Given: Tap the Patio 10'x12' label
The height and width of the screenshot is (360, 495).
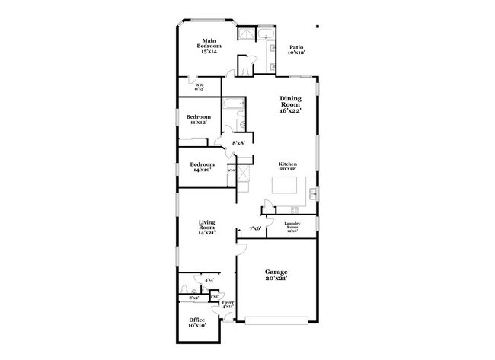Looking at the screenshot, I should (x=296, y=50).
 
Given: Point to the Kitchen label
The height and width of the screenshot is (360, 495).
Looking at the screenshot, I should (x=287, y=164).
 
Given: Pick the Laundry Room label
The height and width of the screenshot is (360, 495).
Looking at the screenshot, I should (x=292, y=226).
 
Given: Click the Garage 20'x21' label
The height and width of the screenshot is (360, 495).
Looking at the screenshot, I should (x=275, y=274).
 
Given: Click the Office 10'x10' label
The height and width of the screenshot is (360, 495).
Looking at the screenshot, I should (x=196, y=323).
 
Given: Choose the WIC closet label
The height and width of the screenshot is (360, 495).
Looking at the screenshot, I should (x=200, y=87).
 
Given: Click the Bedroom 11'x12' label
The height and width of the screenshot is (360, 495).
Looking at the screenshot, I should (x=198, y=119).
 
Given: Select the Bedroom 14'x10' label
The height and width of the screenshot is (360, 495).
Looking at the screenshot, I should (x=203, y=167).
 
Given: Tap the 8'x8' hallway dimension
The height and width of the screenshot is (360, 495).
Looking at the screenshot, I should (x=239, y=142).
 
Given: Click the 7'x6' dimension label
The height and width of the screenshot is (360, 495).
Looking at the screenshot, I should (x=256, y=228).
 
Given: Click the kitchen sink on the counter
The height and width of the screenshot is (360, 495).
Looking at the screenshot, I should (x=313, y=195).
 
